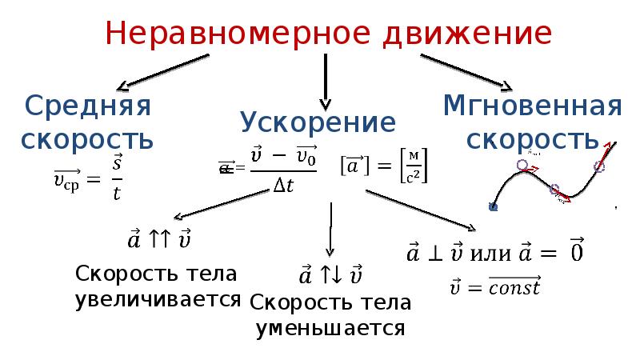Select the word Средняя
click(x=89, y=106)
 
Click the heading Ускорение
click(x=318, y=122)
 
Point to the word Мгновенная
click(x=532, y=106)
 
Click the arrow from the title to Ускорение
click(x=324, y=81)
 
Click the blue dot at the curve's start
click(x=493, y=206)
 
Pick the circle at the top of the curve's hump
click(x=522, y=166)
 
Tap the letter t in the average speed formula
click(x=117, y=194)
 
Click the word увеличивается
click(x=158, y=299)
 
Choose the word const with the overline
click(x=515, y=286)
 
